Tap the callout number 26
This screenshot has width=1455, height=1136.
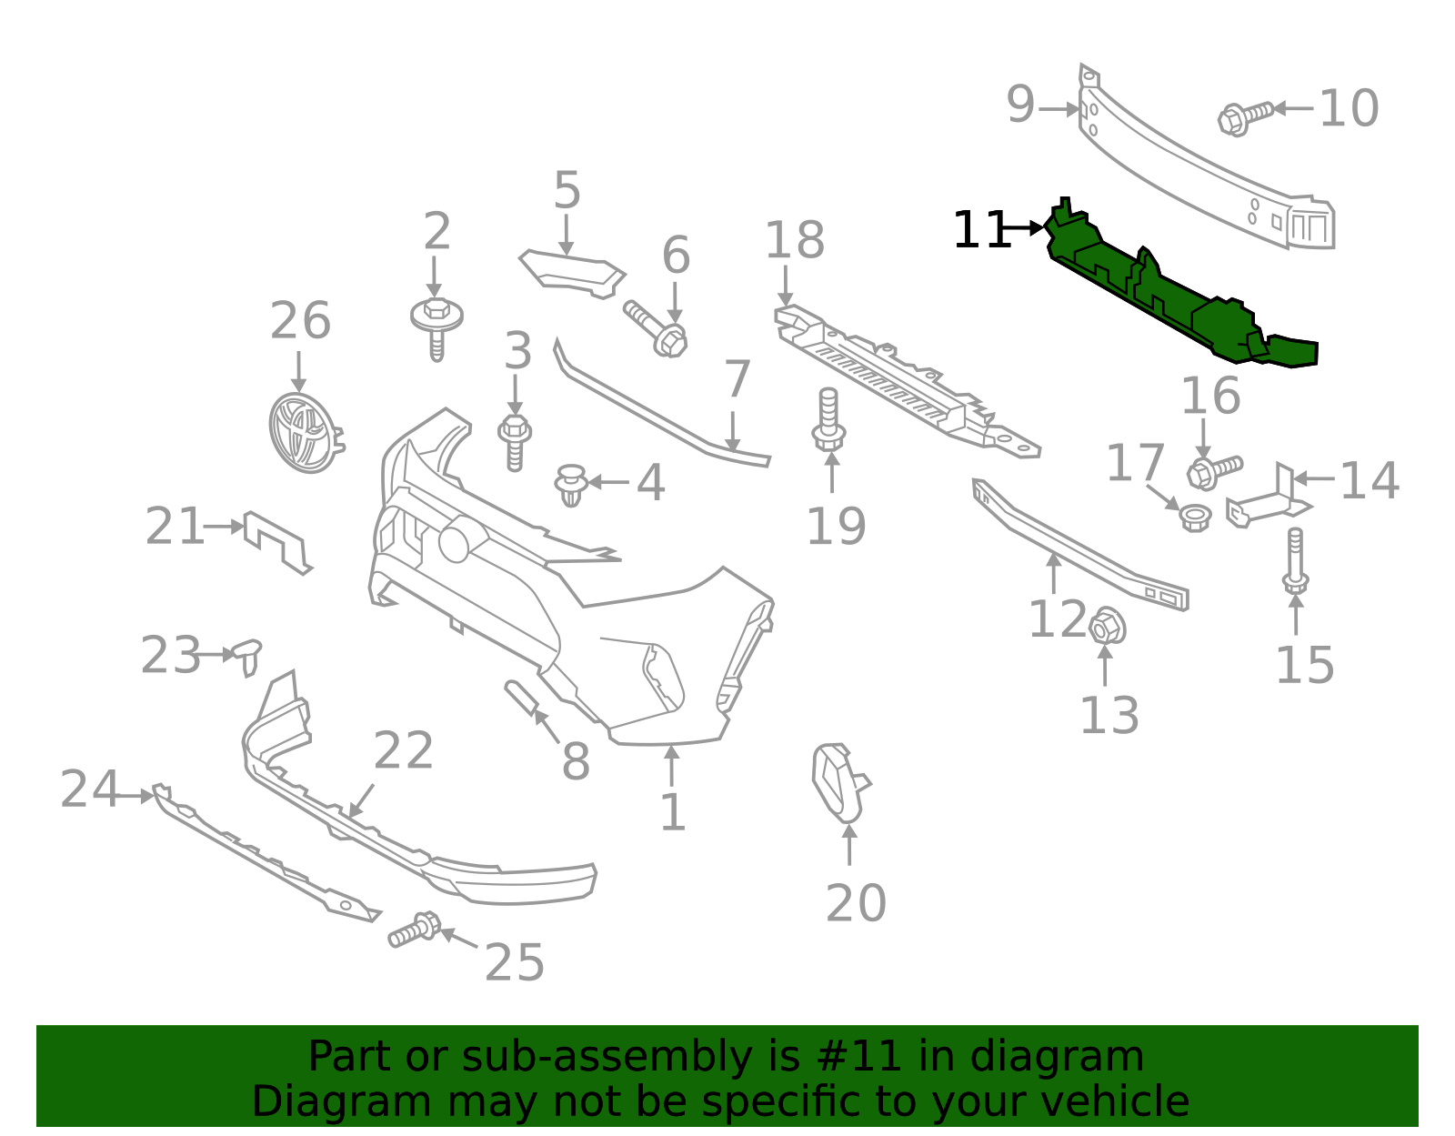point(300,322)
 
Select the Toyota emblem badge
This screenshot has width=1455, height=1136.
point(303,432)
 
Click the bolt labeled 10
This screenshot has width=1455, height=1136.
point(1241,117)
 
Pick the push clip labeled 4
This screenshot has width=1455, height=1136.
point(570,484)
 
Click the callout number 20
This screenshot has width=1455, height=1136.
point(855,903)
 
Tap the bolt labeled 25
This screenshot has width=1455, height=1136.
point(415,930)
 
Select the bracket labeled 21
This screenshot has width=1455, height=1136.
point(276,542)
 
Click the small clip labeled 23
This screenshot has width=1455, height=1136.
point(246,655)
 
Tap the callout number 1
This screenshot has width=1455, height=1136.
point(671,813)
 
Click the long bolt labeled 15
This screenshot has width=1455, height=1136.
point(1295,559)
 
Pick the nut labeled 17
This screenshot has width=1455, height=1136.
point(1194,518)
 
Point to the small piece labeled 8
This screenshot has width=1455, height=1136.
point(523,698)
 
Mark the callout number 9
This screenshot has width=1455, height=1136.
point(1020,106)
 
